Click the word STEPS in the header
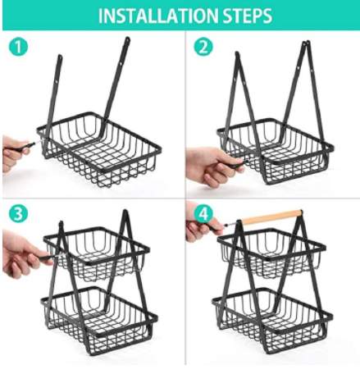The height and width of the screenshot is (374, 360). (x=248, y=16)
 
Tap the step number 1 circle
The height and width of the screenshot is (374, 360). (x=18, y=47)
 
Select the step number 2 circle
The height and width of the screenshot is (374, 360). (x=203, y=47)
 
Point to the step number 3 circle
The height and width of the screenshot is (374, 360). (x=18, y=214)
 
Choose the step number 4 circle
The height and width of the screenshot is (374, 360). (x=203, y=214)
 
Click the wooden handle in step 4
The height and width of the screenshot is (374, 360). (x=272, y=217)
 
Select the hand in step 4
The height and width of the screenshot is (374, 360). (x=203, y=228)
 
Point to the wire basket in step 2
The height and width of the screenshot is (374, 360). (x=276, y=151)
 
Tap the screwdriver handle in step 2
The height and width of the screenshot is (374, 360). (x=235, y=165)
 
